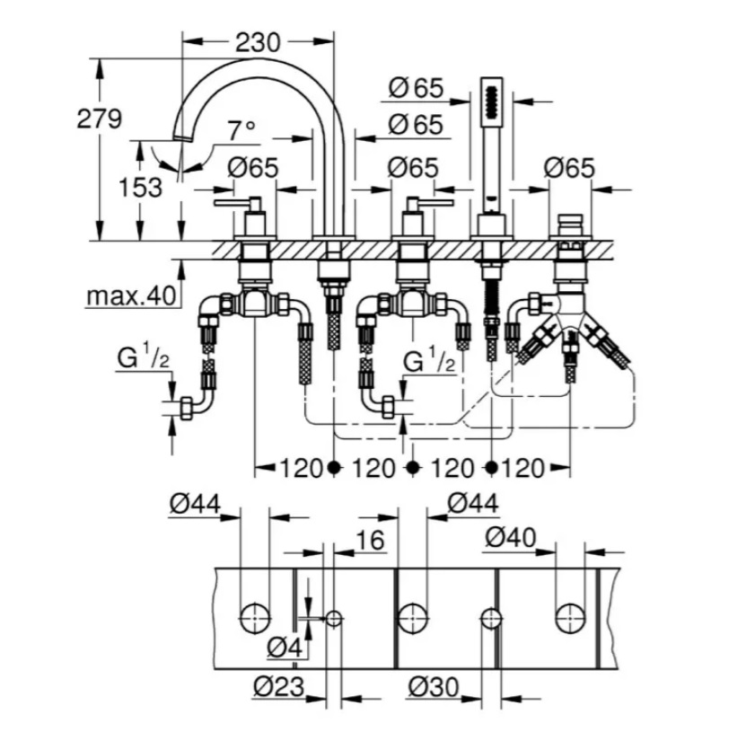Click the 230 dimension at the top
click(258, 41)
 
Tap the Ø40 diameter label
click(511, 537)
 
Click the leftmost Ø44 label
click(195, 506)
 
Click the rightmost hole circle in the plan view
click(568, 617)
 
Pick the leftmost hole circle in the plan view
click(255, 617)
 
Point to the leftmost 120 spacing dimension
click(300, 468)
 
